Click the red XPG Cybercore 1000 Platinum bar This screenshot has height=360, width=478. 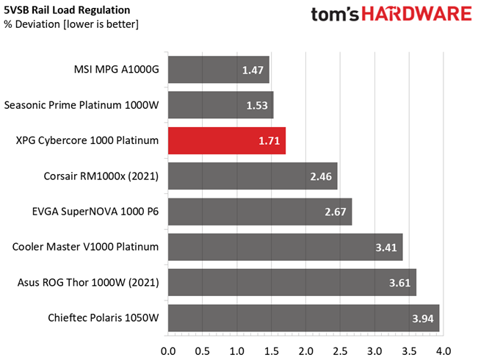coord(227,140)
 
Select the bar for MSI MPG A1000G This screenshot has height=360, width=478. coord(219,70)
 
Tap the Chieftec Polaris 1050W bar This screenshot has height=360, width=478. coord(304,318)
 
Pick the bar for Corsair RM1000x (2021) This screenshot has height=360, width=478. coord(253,176)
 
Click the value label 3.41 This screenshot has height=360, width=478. coord(386,248)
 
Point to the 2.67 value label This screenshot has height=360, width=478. coord(336,212)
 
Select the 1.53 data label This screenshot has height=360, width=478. coord(257,106)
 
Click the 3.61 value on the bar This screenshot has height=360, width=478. coord(399,283)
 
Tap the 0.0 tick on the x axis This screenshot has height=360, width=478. coord(168,351)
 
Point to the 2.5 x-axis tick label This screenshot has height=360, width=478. coord(340,351)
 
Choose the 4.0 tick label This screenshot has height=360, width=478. coord(443,351)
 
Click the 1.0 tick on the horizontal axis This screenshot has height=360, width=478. coord(237,351)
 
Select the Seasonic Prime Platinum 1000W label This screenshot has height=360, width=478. coord(82,105)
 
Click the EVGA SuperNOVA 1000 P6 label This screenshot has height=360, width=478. coord(95,212)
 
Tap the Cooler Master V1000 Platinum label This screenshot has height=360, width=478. coord(85,247)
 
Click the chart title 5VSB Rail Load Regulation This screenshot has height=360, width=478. coord(67,10)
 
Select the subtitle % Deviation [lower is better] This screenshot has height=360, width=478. coord(71,24)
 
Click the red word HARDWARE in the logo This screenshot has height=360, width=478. coord(417,15)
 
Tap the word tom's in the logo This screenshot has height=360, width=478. coord(335,15)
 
